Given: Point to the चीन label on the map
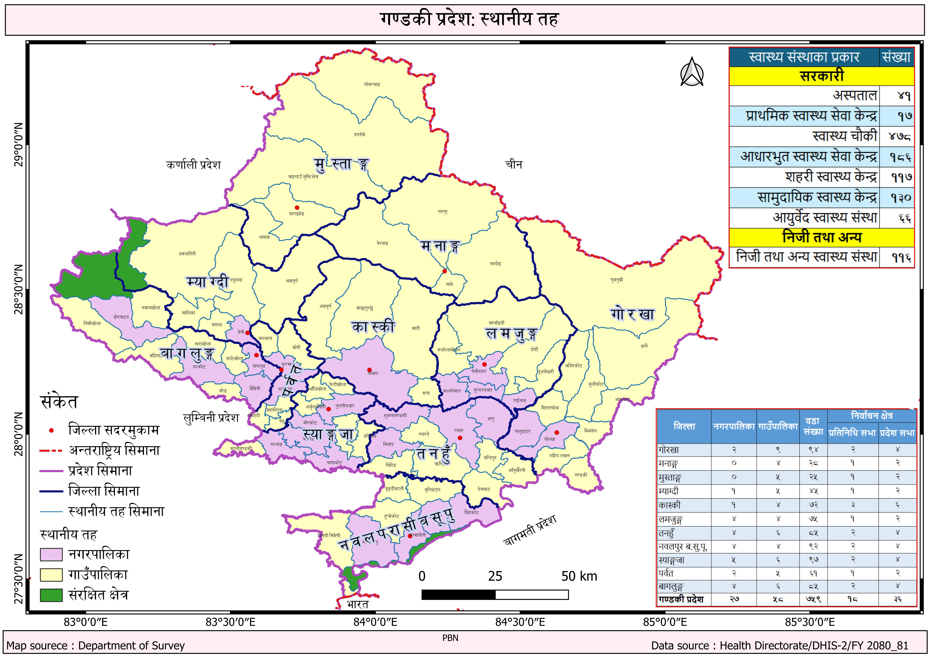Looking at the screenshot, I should (514, 165).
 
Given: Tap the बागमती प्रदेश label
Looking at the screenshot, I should (530, 530).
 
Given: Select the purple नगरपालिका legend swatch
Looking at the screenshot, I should (51, 554).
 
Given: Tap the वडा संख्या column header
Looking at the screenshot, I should (813, 426).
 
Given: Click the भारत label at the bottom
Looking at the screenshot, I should (358, 604).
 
